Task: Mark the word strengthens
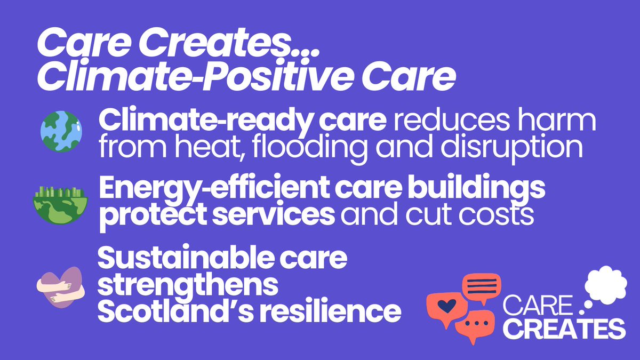(188, 286)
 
